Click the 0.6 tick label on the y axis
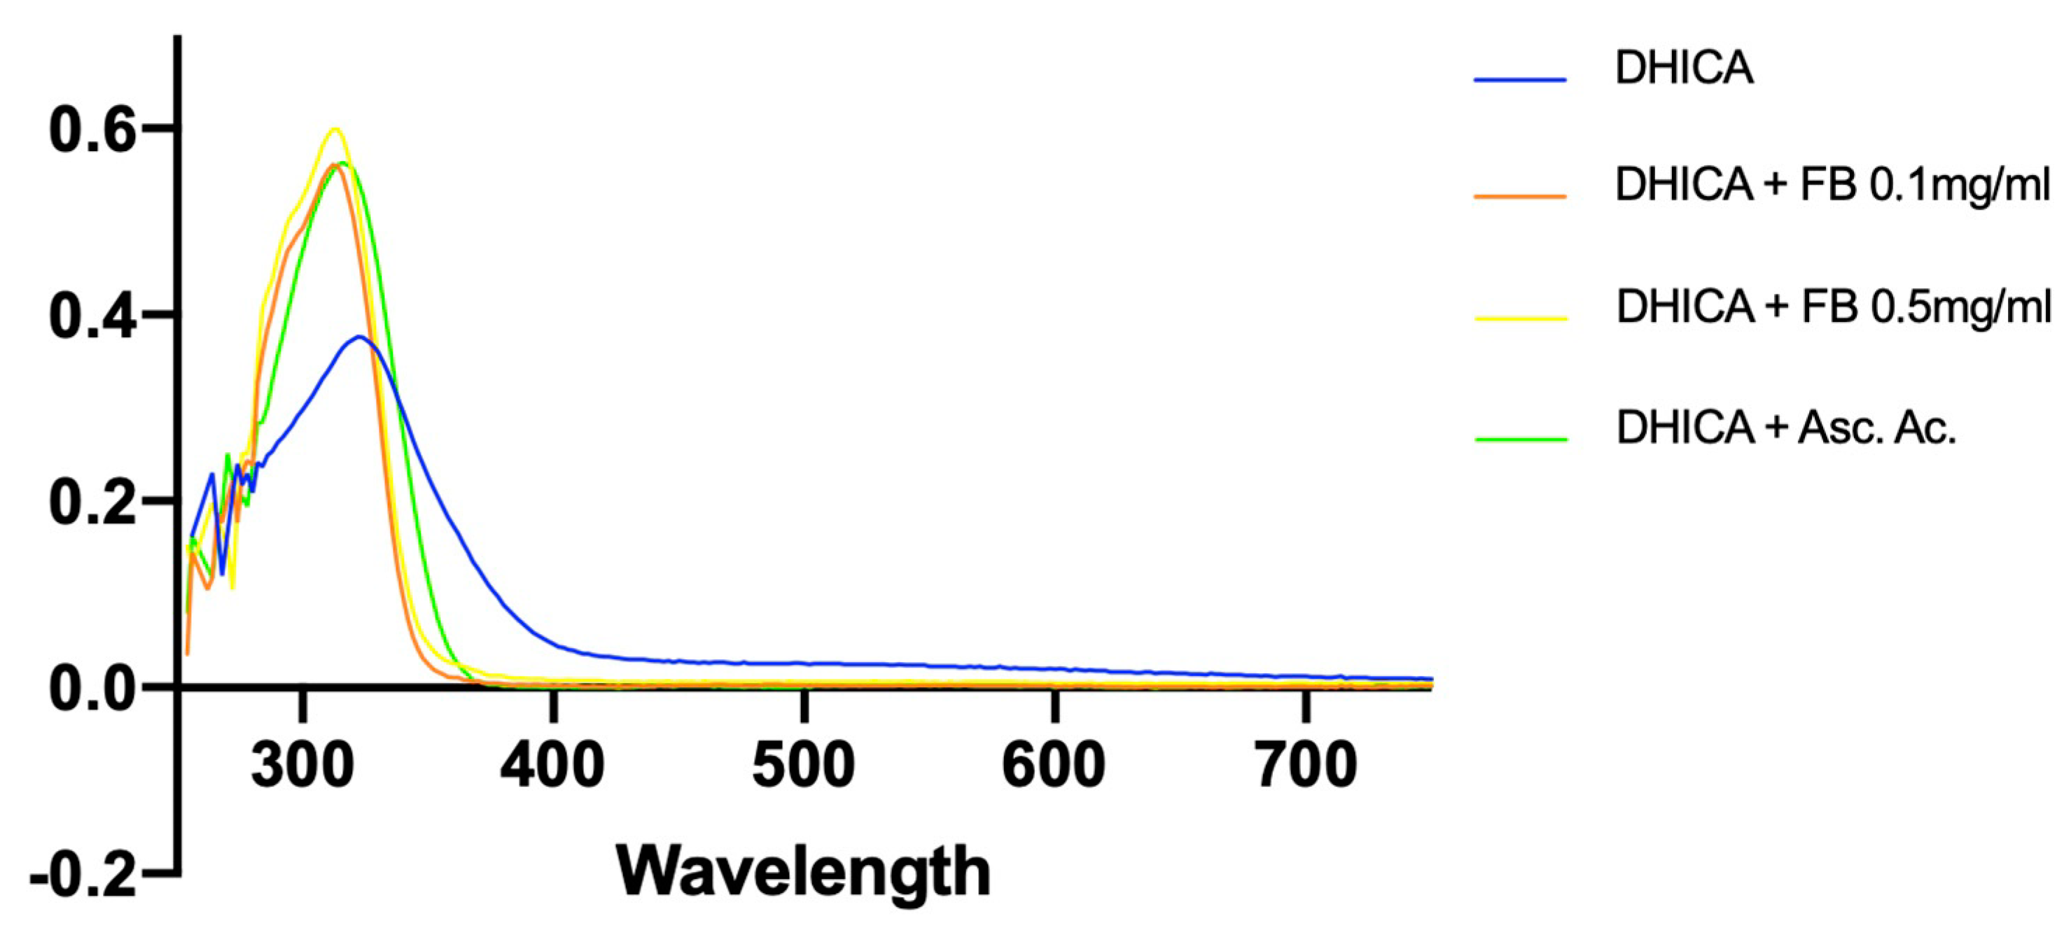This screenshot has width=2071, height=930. point(91,130)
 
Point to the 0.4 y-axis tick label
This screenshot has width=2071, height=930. point(91,316)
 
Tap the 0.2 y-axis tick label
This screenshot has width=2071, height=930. point(91,502)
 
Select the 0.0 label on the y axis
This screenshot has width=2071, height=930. point(91,688)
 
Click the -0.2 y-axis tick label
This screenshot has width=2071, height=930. point(83,875)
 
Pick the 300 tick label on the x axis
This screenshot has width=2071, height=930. point(302,764)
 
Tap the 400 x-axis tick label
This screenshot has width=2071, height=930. point(552,764)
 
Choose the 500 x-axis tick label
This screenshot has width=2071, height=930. point(803,764)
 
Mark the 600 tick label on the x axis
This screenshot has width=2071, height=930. point(1053,764)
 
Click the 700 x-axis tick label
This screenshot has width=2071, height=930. point(1306,764)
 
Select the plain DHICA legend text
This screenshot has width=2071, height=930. point(1685,69)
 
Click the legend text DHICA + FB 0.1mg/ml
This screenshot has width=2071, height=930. point(1832,185)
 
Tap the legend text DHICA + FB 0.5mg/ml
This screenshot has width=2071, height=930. point(1833,308)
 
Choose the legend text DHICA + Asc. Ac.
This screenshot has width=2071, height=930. point(1785,428)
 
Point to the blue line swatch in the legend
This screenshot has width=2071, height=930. point(1520,80)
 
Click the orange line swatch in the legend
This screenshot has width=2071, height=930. point(1520,196)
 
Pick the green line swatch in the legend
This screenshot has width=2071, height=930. point(1521,439)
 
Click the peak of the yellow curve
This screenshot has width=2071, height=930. point(335,129)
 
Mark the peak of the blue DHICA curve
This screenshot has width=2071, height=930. point(358,336)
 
